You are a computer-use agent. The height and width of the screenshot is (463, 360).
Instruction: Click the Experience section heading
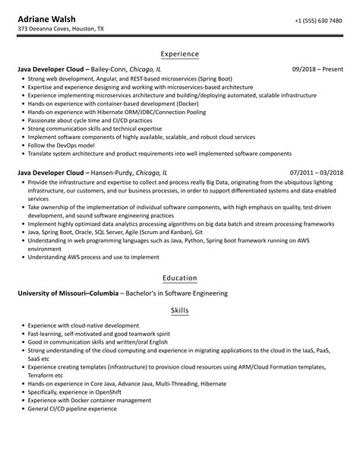tap(180, 54)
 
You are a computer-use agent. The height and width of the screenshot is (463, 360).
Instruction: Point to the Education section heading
tap(180, 278)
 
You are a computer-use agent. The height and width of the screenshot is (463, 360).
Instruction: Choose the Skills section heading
tap(180, 312)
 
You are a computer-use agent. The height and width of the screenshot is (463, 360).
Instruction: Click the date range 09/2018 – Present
tap(317, 69)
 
